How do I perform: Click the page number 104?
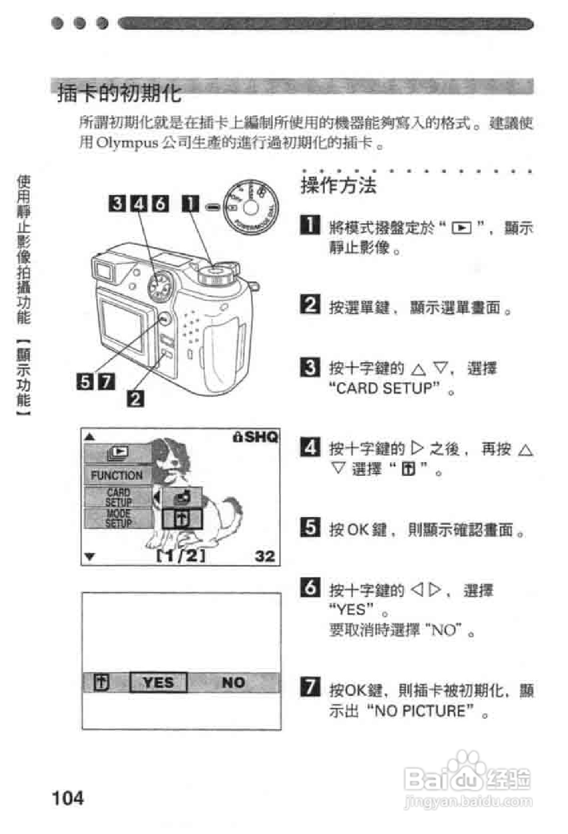[68, 797]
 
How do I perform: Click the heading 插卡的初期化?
[119, 93]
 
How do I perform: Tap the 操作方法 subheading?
[338, 186]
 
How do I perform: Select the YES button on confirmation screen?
[158, 682]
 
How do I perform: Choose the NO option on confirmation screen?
[233, 682]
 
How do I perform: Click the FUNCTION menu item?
[117, 475]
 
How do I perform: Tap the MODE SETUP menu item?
[118, 518]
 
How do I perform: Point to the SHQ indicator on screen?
[255, 437]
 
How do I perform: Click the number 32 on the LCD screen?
[265, 556]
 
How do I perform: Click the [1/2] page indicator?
[181, 556]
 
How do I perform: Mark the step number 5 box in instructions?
[310, 527]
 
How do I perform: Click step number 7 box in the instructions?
[310, 687]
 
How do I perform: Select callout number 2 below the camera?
[136, 399]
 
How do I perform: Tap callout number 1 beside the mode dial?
[190, 204]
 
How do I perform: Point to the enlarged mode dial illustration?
[250, 207]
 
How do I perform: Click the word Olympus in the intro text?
[127, 143]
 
